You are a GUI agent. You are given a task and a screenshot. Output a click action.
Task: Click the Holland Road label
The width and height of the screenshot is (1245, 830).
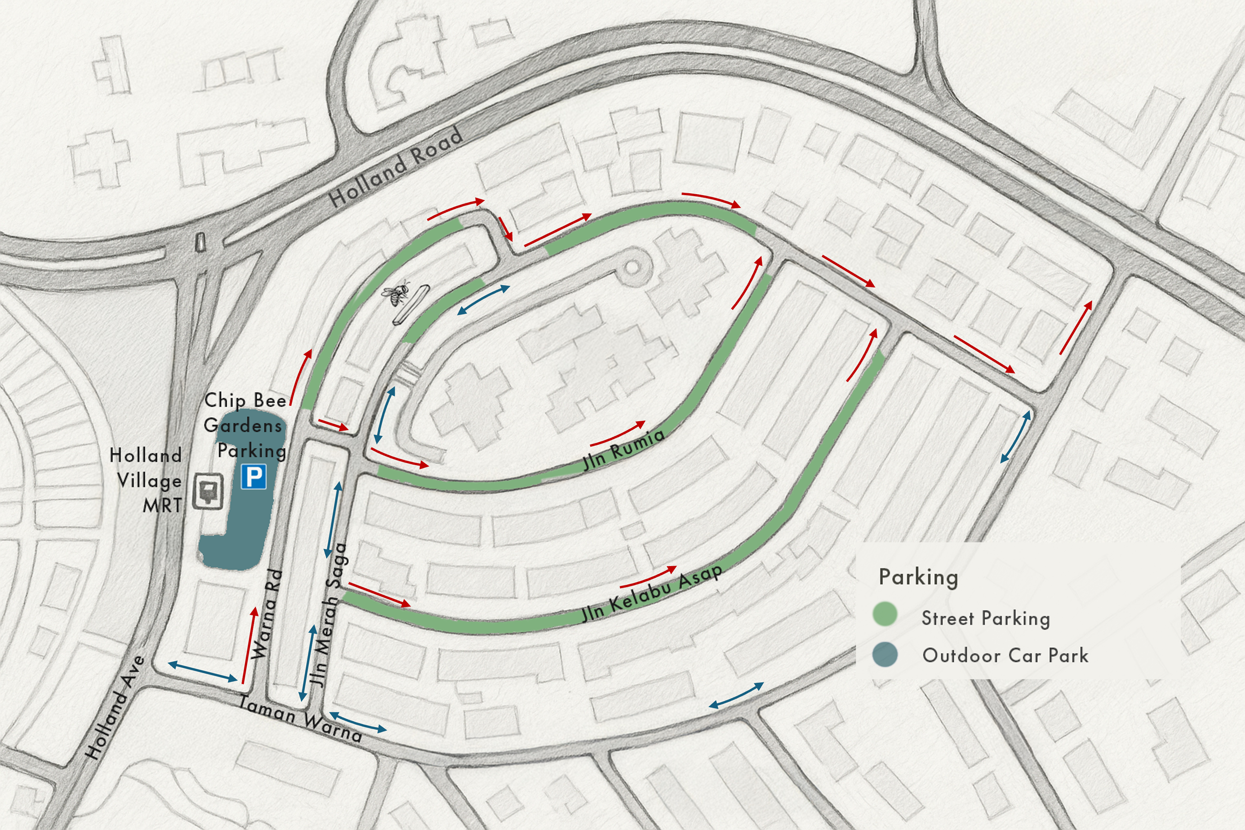click(396, 167)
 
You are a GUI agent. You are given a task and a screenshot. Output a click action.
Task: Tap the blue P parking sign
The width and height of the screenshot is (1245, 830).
click(253, 476)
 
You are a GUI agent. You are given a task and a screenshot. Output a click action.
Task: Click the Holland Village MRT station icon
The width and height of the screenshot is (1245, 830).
click(207, 492)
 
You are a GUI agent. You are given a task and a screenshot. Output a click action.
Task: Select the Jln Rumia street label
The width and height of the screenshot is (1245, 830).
click(623, 450)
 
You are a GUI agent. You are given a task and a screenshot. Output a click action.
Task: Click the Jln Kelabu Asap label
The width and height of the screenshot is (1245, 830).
click(651, 593)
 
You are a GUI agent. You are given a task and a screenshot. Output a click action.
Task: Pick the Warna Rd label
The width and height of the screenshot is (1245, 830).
click(266, 614)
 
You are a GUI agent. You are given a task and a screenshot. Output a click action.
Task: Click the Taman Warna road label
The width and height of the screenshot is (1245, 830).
click(300, 719)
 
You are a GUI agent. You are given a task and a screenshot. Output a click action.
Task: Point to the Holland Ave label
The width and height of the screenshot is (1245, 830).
click(115, 708)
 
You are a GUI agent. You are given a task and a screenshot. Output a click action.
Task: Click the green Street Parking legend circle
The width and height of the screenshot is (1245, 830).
click(884, 614)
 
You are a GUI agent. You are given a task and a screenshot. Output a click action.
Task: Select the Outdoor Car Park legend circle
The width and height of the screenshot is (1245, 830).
click(884, 654)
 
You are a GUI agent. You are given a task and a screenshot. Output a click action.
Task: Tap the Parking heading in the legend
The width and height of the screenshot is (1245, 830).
click(918, 577)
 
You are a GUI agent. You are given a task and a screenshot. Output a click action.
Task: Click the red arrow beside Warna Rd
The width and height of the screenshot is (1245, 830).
click(249, 646)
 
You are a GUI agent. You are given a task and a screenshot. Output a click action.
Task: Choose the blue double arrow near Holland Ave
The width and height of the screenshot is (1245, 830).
click(203, 671)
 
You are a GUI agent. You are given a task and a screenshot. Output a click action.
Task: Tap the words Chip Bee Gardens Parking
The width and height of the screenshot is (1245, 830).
click(246, 425)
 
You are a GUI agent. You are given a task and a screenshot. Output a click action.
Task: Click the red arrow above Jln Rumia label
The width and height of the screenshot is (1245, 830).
click(618, 433)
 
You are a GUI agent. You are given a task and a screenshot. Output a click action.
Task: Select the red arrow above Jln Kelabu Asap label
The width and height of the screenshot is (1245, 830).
click(648, 577)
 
